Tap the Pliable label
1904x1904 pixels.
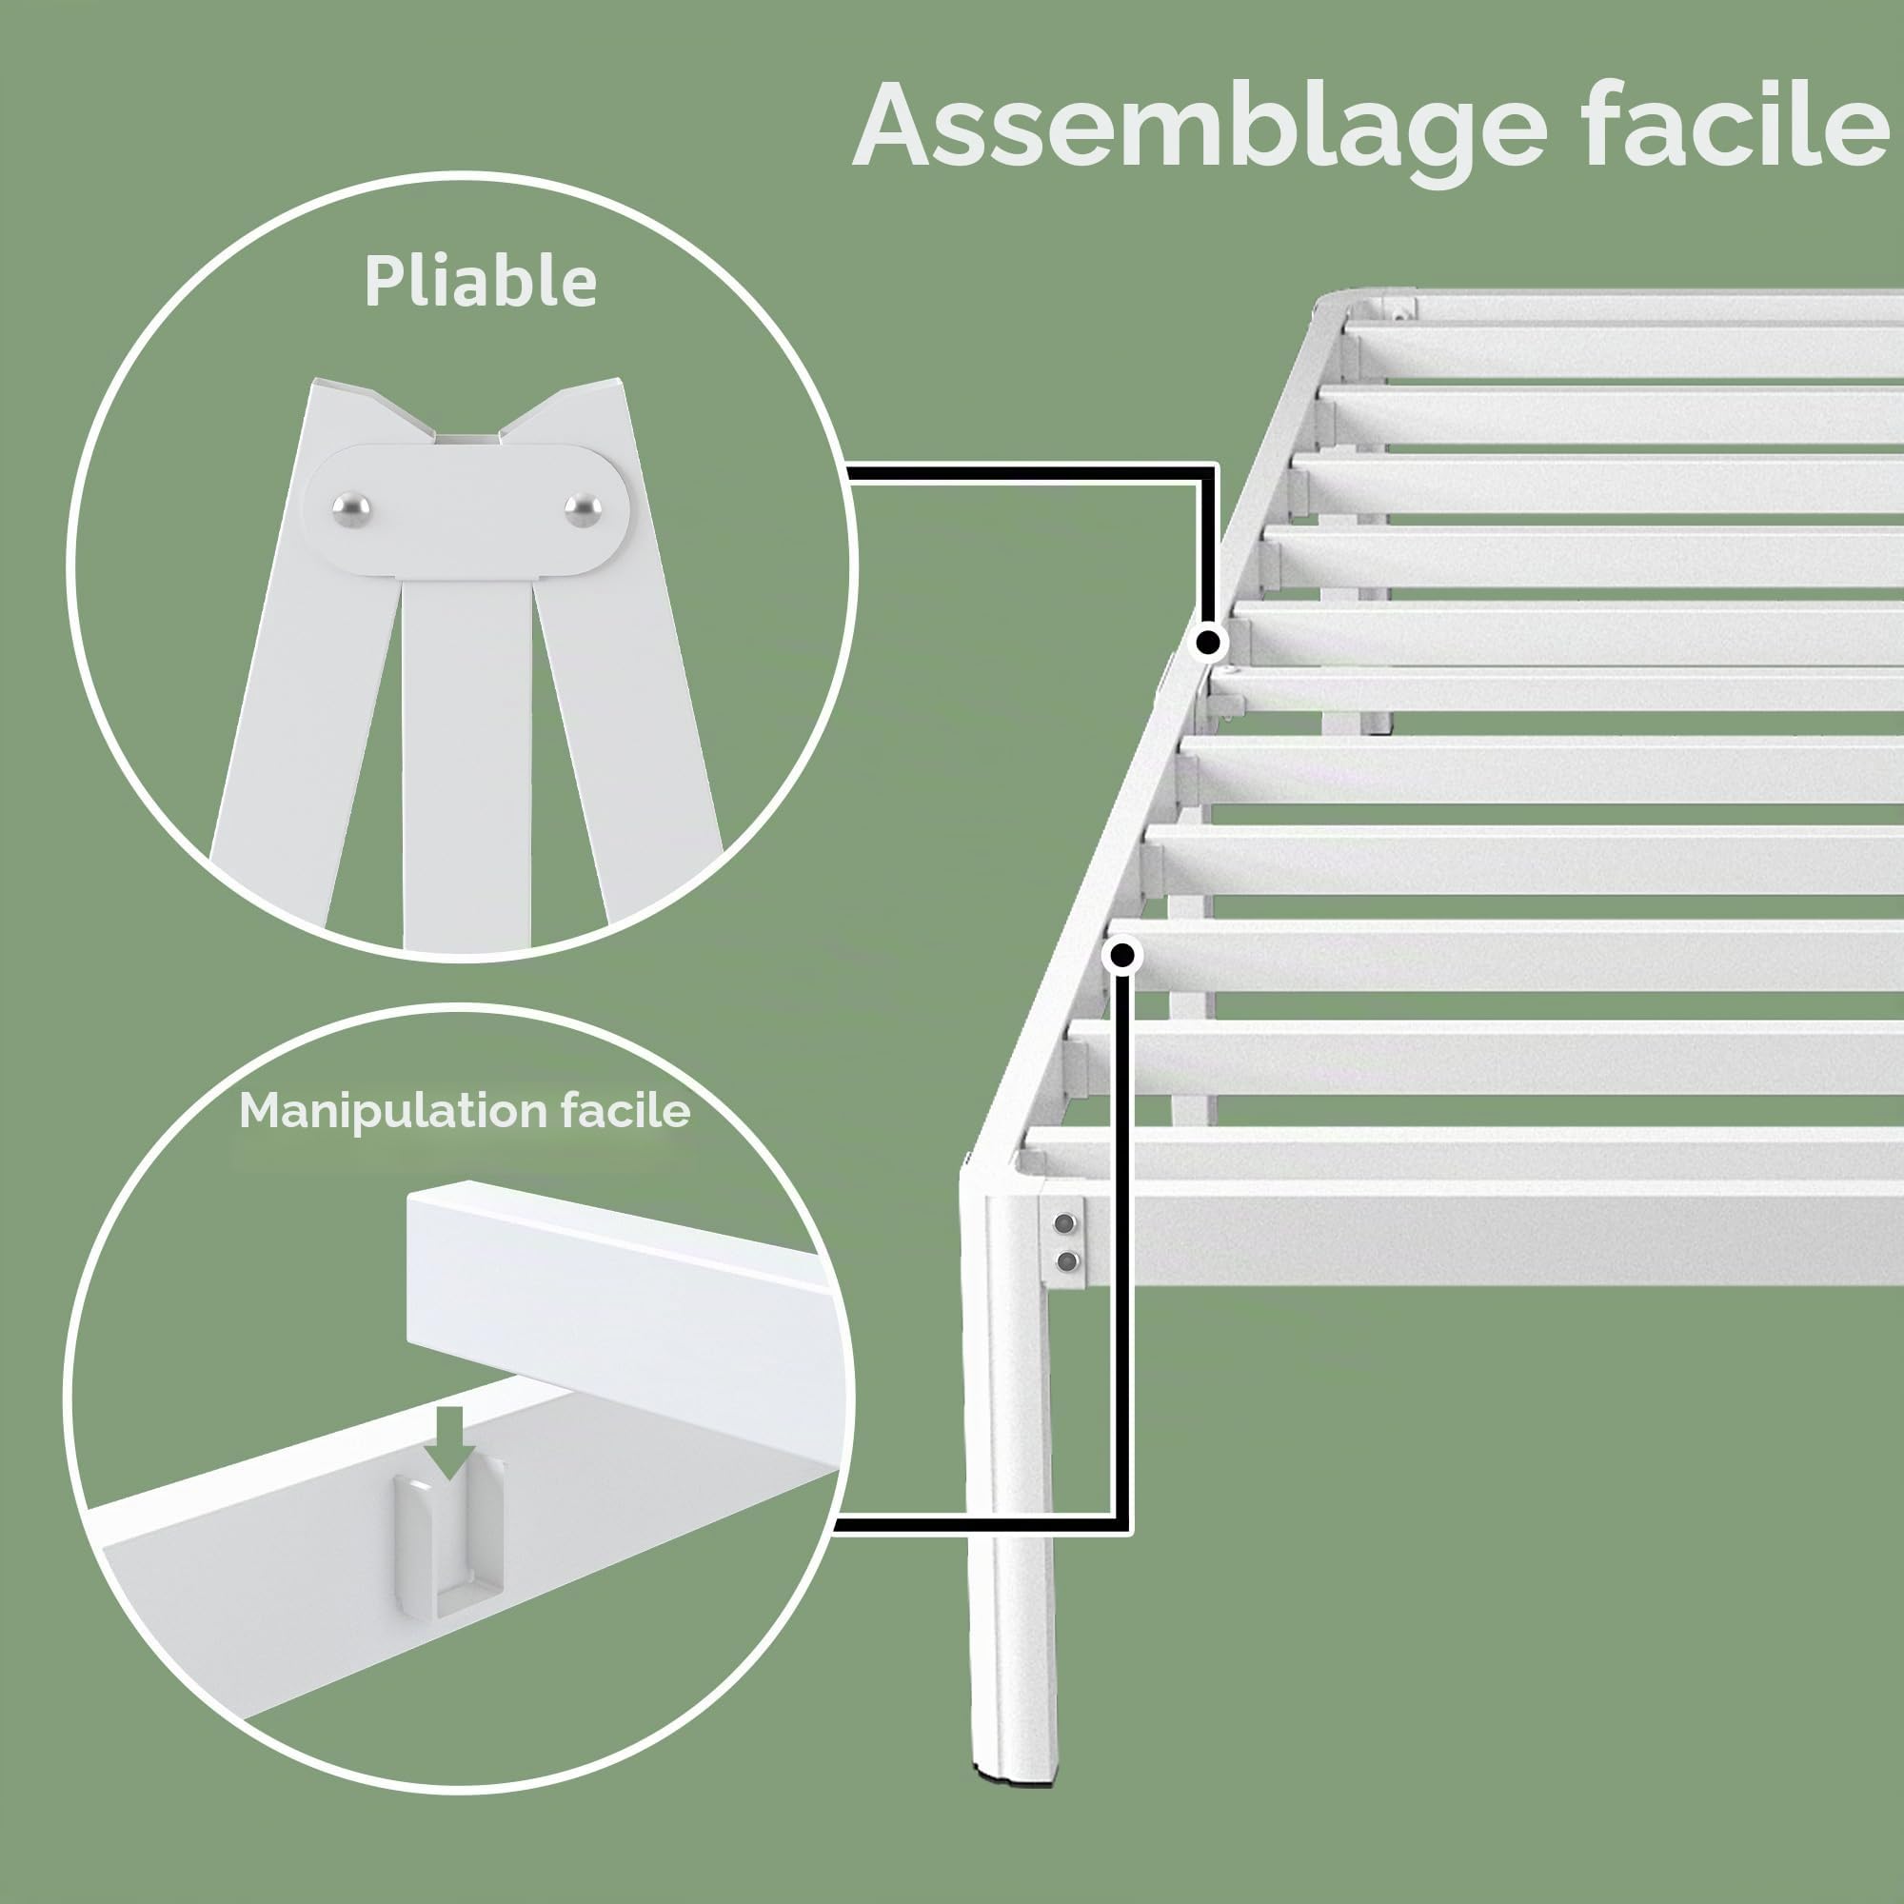[481, 283]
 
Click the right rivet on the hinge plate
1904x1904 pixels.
[583, 508]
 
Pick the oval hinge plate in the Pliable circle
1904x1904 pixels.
[466, 509]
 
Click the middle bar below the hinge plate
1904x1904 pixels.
[467, 764]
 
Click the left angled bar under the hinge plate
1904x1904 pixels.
[296, 690]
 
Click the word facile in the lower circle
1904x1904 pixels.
[625, 1111]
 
